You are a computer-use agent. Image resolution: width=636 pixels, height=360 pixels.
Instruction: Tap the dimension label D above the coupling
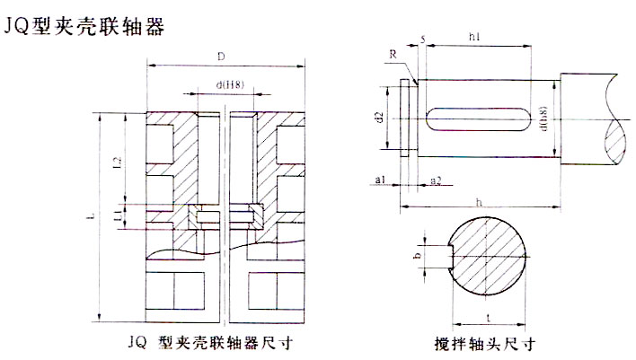(221, 56)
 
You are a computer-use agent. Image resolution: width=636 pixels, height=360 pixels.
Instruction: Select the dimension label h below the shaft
(478, 202)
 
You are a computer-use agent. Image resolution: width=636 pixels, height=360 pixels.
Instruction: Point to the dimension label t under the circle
(487, 317)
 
